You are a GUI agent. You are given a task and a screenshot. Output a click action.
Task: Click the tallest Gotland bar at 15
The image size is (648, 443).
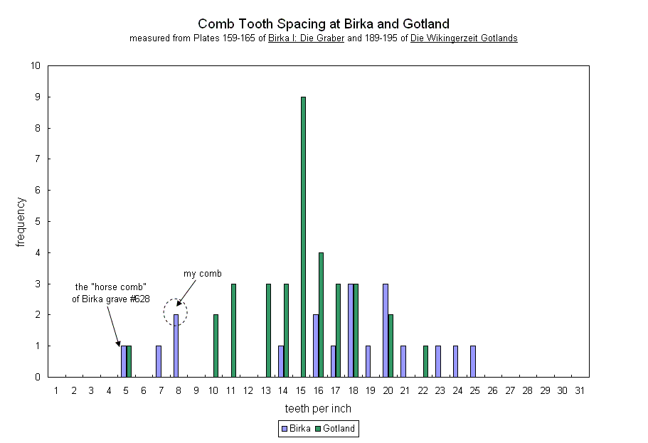click(303, 237)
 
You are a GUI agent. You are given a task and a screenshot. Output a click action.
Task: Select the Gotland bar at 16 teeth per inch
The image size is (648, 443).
click(321, 314)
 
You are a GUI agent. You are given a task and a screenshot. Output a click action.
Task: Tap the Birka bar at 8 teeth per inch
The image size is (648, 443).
click(176, 346)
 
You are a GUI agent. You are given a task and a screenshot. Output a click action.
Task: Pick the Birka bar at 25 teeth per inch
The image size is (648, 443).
click(472, 361)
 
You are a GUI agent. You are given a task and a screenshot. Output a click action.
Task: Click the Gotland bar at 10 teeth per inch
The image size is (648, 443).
click(216, 346)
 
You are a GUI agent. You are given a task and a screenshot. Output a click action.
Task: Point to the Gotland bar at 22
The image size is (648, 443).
click(425, 361)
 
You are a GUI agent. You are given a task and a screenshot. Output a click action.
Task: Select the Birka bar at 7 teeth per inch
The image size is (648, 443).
click(158, 361)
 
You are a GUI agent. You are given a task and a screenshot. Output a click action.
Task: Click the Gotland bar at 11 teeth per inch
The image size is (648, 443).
click(233, 330)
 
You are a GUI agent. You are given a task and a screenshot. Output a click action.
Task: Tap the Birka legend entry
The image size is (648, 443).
click(295, 429)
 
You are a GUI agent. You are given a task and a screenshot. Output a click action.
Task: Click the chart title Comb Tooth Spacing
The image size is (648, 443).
click(324, 24)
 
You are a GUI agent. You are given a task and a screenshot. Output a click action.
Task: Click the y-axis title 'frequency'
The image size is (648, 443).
click(21, 222)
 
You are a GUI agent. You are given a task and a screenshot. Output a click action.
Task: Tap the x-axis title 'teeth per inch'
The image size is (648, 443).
click(318, 409)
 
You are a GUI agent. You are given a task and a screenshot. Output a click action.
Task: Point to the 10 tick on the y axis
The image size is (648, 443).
click(36, 66)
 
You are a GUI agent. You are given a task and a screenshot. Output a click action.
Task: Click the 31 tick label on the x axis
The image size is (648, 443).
click(580, 390)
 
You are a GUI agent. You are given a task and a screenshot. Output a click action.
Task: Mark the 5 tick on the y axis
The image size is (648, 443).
click(38, 222)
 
